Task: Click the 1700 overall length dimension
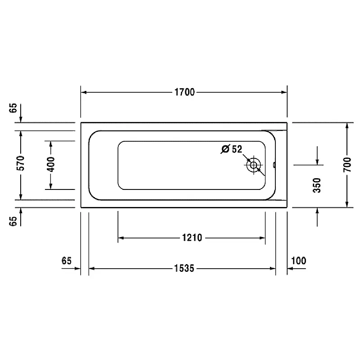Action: pos(184,92)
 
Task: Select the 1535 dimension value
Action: pos(184,268)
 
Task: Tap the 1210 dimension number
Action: pos(192,238)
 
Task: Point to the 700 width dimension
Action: pos(347,165)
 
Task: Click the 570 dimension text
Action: pos(21,163)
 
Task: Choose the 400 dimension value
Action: pos(51,164)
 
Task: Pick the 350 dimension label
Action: pos(317,185)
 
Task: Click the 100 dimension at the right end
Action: pos(298,261)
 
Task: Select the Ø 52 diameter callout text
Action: pos(232,149)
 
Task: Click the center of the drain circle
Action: pos(253,165)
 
